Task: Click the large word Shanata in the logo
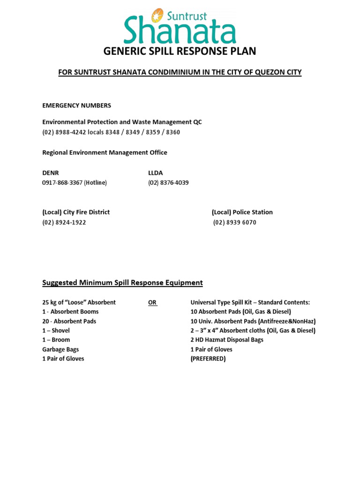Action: pos(180,30)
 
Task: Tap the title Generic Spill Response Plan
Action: pos(180,52)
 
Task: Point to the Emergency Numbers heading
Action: pos(77,105)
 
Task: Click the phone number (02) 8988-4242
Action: pos(64,132)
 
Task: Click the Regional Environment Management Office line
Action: pos(105,152)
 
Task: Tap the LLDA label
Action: pos(156,173)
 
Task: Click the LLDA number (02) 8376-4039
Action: pos(168,183)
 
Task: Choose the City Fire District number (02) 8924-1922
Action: pos(64,223)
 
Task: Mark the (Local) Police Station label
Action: pos(242,212)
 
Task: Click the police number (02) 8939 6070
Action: pos(235,223)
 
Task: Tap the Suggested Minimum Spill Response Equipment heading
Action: pos(122,283)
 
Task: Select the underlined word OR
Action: pos(152,302)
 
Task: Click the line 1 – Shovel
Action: pos(56,330)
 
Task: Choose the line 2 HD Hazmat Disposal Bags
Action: pos(227,340)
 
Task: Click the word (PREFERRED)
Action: pos(208,359)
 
